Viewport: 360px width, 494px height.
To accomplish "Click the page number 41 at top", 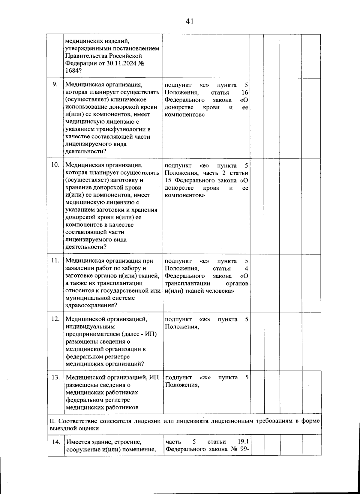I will [x=189, y=21].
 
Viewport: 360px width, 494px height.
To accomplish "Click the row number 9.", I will [x=55, y=84].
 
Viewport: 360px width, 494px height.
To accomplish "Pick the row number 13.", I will [x=55, y=377].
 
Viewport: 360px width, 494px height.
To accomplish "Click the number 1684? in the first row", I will [x=74, y=71].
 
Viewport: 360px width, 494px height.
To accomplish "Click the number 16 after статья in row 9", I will [x=245, y=92].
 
